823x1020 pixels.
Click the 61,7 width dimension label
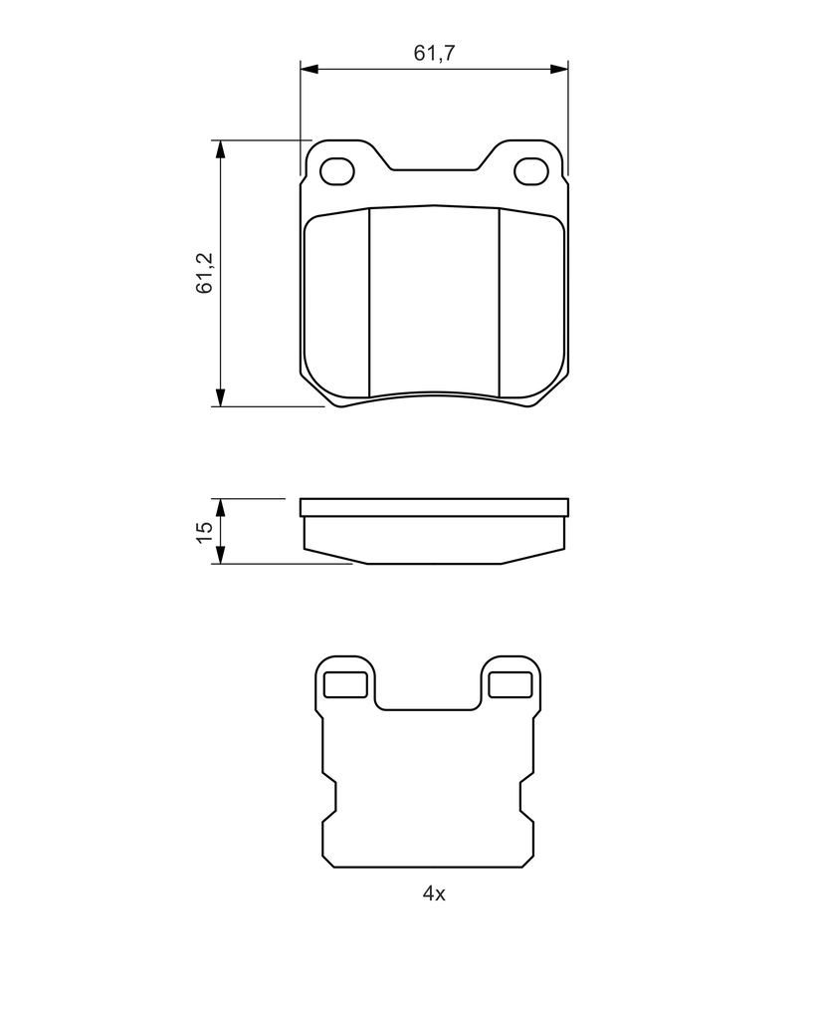click(x=434, y=53)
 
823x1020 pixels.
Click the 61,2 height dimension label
click(x=205, y=273)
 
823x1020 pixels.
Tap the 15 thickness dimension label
click(x=205, y=532)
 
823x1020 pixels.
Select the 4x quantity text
click(x=434, y=893)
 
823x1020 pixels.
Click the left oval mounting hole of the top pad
click(x=337, y=171)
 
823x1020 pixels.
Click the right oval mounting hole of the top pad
click(x=530, y=171)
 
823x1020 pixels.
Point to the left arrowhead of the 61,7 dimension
click(x=309, y=69)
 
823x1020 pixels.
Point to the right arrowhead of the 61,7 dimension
click(x=559, y=69)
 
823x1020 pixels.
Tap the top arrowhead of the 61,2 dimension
click(x=220, y=149)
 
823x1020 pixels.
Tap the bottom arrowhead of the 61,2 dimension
click(x=220, y=397)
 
